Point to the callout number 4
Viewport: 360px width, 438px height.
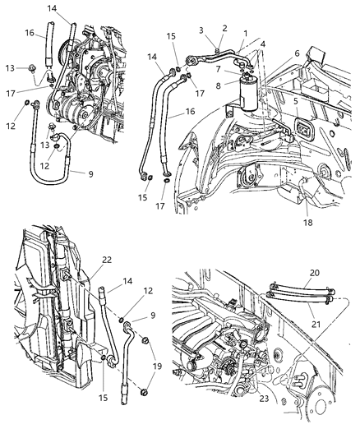pyautogui.click(x=263, y=45)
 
